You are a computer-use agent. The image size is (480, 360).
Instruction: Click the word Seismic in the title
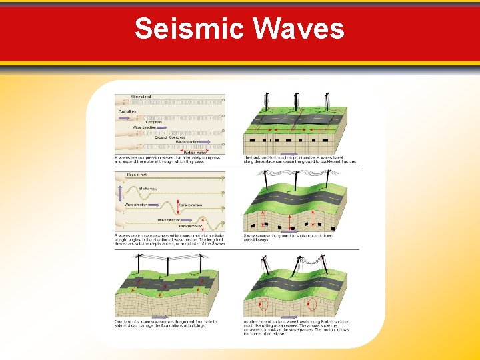189,29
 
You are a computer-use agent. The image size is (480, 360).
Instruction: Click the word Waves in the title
299,29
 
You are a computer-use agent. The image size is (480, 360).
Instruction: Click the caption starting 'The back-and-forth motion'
300,159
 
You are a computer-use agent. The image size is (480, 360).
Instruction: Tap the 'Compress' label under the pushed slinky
154,121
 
